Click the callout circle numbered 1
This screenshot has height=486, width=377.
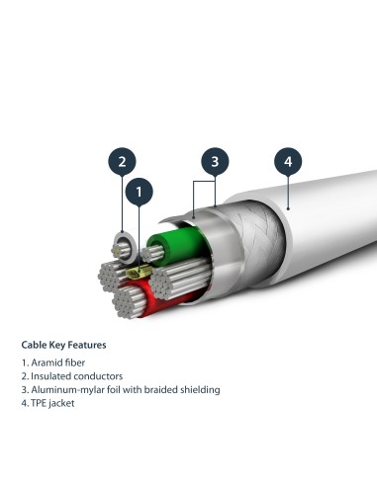click(x=140, y=190)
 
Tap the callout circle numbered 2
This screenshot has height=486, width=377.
click(x=121, y=161)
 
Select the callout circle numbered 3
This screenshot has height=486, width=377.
click(x=215, y=161)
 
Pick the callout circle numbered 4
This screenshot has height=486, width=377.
click(x=288, y=161)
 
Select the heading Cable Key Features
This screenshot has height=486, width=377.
click(x=64, y=346)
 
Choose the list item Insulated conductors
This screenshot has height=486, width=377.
click(x=71, y=376)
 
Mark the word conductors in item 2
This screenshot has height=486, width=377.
click(x=95, y=376)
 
